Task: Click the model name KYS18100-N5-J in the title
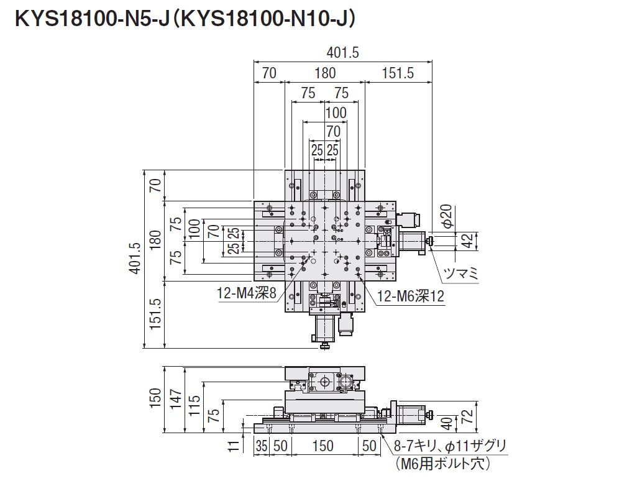click(87, 20)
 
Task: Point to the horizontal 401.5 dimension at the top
click(342, 53)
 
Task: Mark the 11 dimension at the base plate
click(232, 446)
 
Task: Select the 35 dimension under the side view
click(262, 446)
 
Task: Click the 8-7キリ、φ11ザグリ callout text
click(450, 446)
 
